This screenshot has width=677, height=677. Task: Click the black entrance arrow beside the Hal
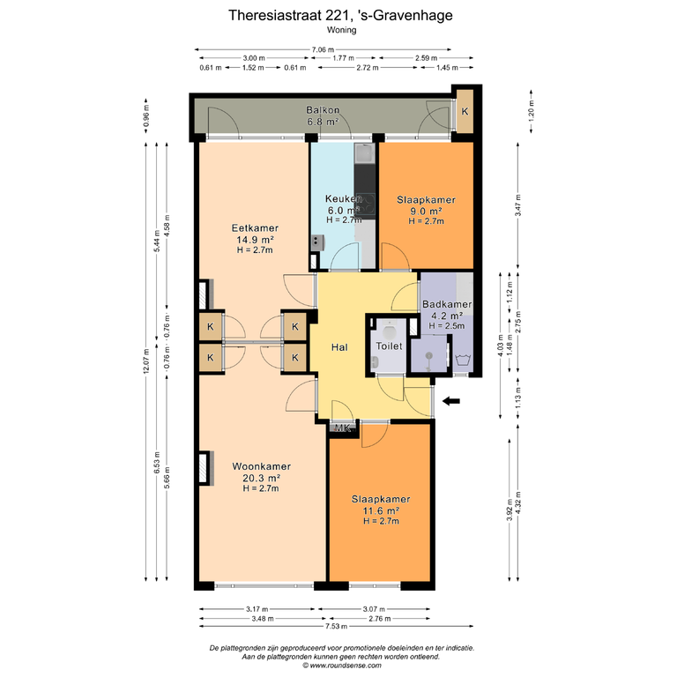click(x=451, y=401)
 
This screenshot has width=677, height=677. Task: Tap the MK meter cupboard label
click(x=343, y=428)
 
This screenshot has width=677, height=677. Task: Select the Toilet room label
click(x=389, y=346)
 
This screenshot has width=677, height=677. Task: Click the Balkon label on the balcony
click(x=323, y=110)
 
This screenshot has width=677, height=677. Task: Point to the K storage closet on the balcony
click(x=465, y=111)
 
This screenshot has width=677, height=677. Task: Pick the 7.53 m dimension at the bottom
click(x=336, y=626)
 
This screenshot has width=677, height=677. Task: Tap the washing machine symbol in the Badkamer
click(x=462, y=360)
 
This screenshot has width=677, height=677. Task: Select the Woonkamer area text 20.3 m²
click(x=261, y=478)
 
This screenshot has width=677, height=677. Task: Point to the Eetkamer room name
click(x=255, y=228)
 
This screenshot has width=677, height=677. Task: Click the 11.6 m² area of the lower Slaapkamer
click(x=381, y=511)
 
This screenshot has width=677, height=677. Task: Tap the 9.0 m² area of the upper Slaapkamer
click(x=426, y=212)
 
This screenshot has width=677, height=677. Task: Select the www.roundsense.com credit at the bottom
click(x=341, y=666)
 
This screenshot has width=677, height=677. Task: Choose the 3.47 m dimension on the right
click(x=518, y=205)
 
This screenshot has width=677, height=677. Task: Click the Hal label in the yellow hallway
click(x=339, y=347)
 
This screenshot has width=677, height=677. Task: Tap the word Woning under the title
click(x=341, y=30)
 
